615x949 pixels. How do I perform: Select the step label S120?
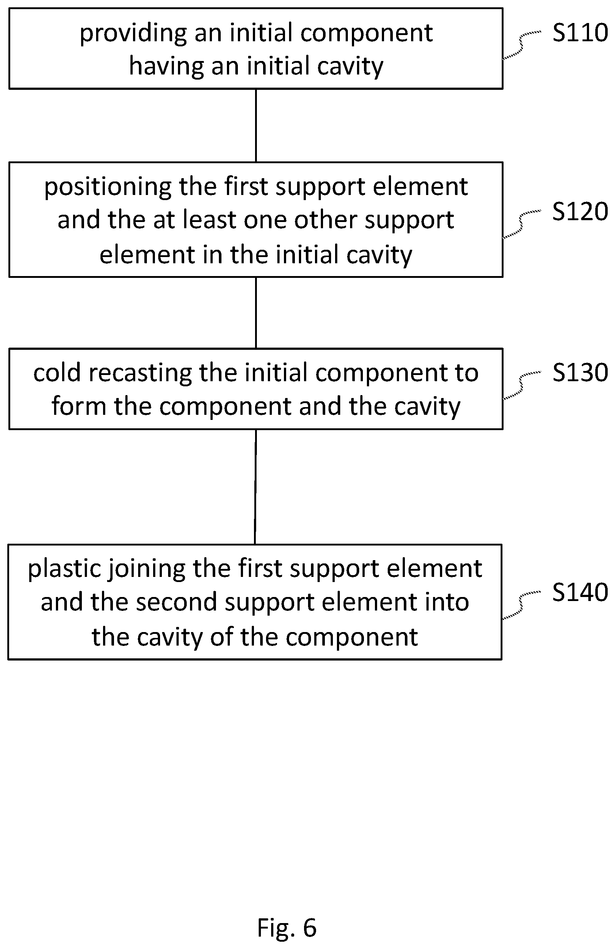(x=580, y=211)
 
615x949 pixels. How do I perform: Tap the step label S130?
(x=580, y=373)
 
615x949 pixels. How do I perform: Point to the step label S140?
(x=580, y=592)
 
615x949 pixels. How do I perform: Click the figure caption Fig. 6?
(x=287, y=927)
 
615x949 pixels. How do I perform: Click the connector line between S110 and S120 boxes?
(x=256, y=126)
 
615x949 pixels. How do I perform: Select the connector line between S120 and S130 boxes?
(x=256, y=313)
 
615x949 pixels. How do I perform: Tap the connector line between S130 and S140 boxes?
(x=255, y=487)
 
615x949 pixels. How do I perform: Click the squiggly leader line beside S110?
(x=521, y=45)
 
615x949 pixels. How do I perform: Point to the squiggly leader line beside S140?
(x=521, y=605)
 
